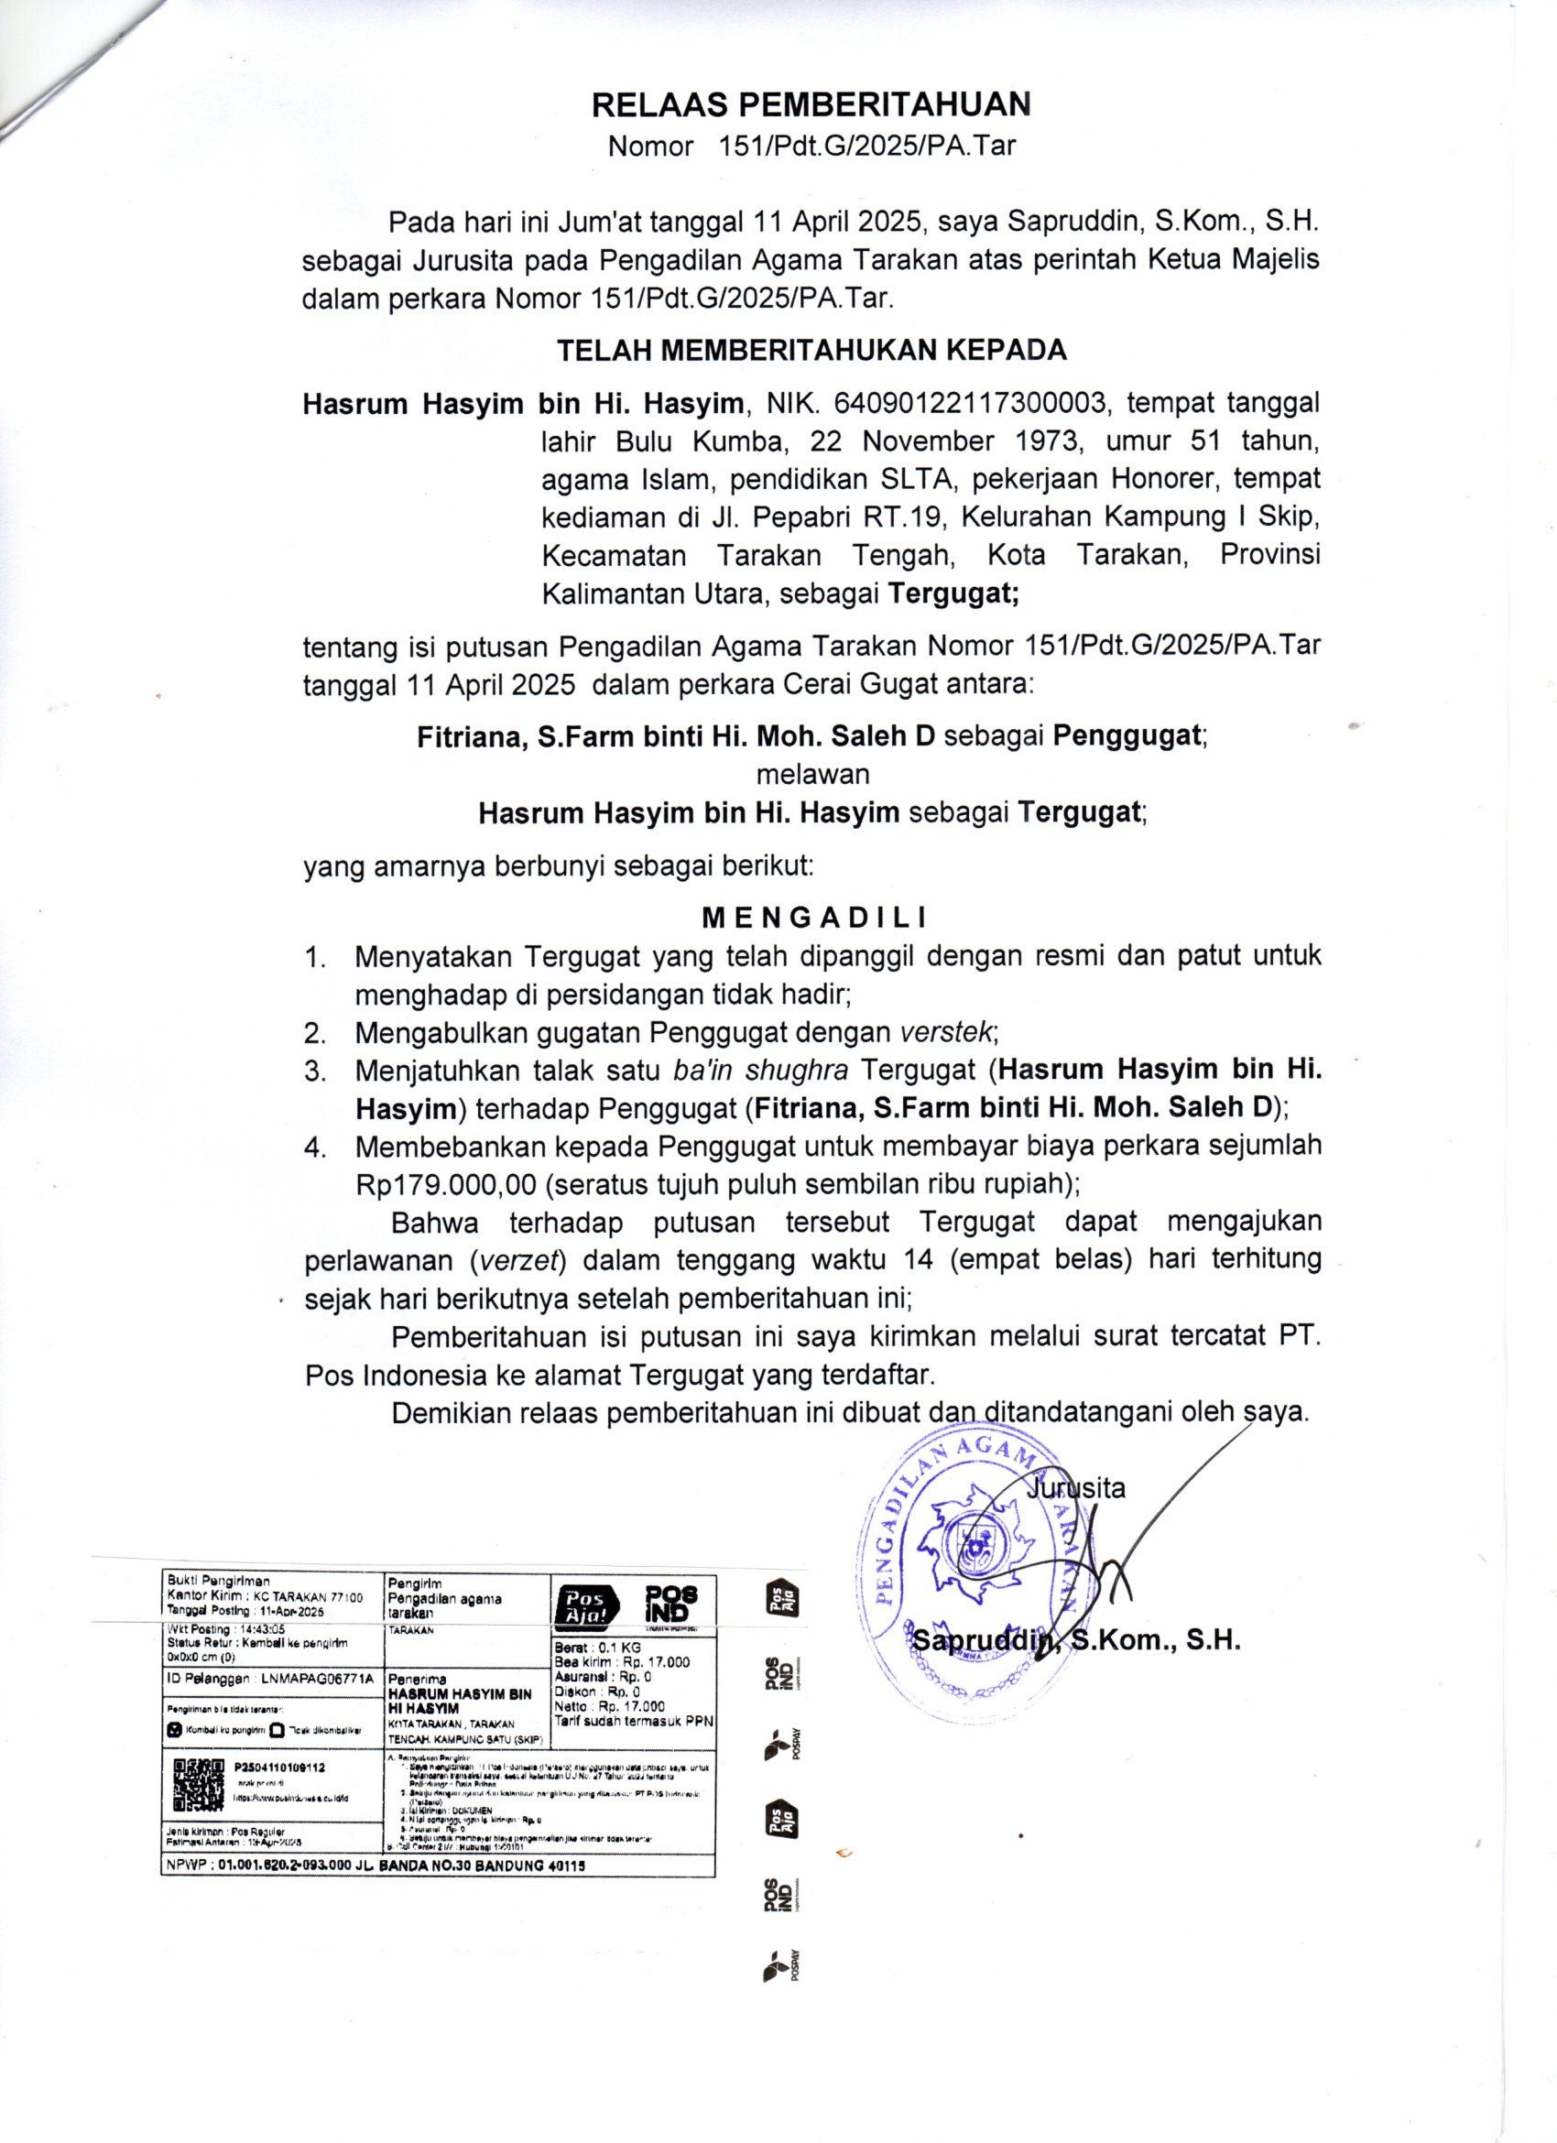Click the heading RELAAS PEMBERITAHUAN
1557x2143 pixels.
coord(811,103)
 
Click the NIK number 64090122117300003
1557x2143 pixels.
coord(967,405)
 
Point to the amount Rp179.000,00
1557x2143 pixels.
coord(446,1184)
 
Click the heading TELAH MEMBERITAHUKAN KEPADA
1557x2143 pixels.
coord(811,351)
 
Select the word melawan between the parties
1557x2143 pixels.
coord(812,774)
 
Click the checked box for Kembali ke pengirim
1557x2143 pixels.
coord(174,1731)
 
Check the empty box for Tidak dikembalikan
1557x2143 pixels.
coord(276,1731)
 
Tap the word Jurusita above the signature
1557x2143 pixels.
coord(1076,1488)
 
